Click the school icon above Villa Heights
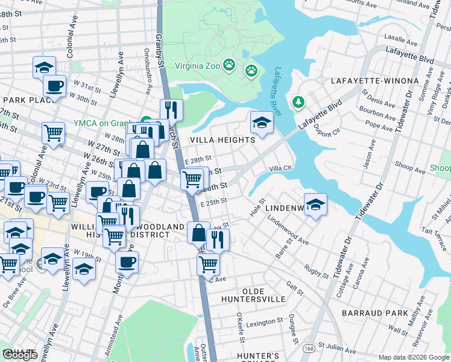[262, 122]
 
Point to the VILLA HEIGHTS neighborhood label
[222, 140]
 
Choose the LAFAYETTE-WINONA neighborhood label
[374, 81]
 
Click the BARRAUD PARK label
[374, 313]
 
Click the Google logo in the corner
[20, 355]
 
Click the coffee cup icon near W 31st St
[55, 86]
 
